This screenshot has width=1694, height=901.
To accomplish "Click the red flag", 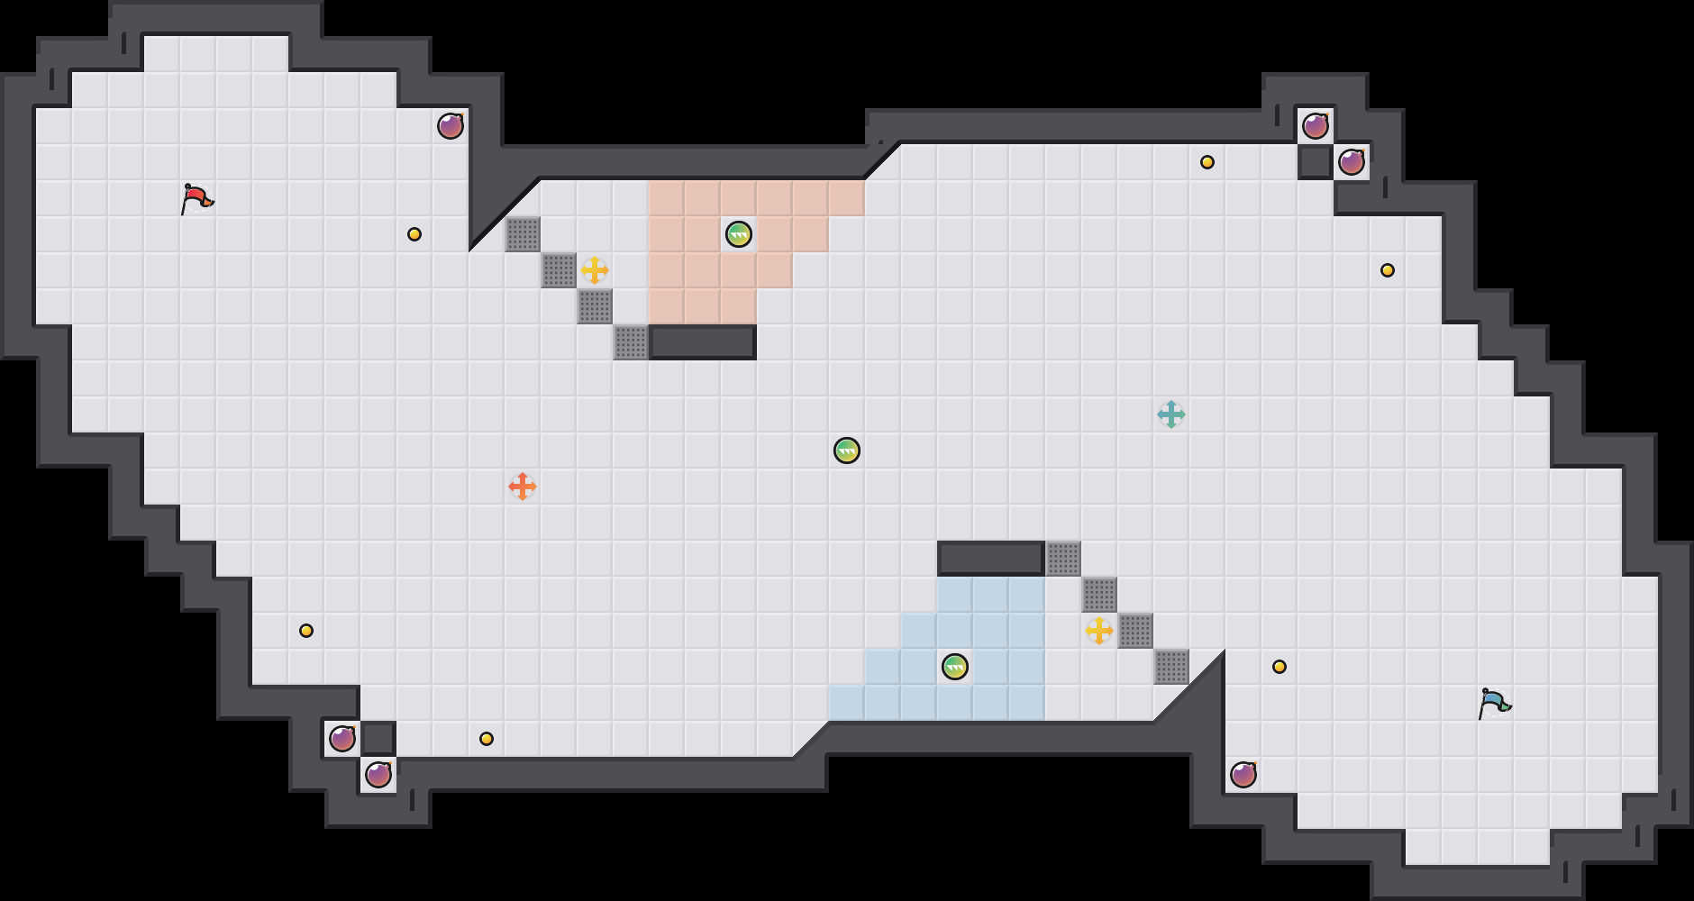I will [x=196, y=198].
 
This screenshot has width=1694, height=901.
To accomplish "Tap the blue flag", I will [x=1493, y=702].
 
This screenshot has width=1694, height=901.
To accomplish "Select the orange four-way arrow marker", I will [x=523, y=487].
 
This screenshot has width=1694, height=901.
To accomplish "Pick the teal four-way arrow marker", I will [x=1171, y=414].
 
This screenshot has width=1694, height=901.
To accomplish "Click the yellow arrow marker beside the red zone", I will [x=595, y=270].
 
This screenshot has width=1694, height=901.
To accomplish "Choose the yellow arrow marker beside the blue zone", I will [x=1099, y=631].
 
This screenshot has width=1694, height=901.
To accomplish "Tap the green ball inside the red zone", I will [x=739, y=234].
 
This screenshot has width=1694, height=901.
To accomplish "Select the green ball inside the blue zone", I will [x=955, y=667].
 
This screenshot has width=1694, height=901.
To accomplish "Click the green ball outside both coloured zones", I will [x=847, y=450].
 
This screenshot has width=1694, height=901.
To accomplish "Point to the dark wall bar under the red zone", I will [x=703, y=342].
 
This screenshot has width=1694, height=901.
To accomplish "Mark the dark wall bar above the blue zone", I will [x=991, y=559].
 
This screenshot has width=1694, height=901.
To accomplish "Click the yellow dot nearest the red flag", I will [x=414, y=234].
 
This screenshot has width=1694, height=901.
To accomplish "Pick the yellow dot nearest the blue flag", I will [x=1280, y=667].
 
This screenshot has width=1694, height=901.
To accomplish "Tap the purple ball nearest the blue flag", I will [x=1243, y=775].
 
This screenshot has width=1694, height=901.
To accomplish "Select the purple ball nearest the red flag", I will [x=451, y=126].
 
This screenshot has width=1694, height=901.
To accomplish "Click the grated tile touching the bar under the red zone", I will [x=631, y=342].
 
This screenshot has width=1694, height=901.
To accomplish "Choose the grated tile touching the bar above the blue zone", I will [x=1063, y=559].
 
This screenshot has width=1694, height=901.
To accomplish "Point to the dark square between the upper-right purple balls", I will [x=1316, y=162].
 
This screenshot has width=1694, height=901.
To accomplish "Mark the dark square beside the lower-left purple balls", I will [x=378, y=739].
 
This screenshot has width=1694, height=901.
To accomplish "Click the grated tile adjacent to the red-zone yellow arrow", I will [x=559, y=270].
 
